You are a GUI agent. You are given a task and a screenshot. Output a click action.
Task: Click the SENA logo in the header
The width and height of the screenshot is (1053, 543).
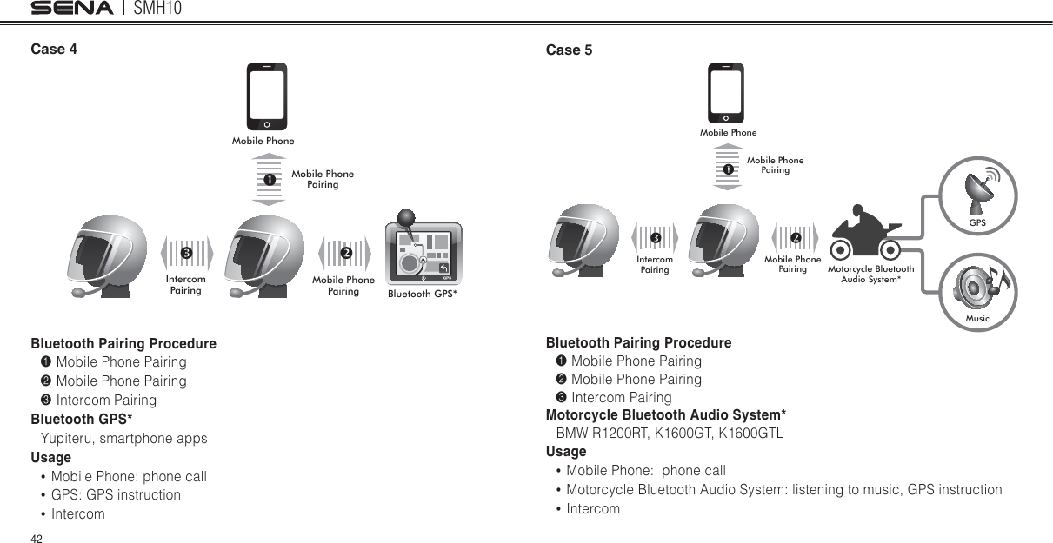(x=72, y=9)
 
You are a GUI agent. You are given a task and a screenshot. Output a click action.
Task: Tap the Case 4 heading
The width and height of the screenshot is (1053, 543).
(x=54, y=49)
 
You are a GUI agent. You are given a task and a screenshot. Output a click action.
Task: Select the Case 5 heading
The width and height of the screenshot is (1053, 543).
(x=569, y=50)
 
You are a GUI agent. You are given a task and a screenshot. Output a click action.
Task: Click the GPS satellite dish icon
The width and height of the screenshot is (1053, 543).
(x=978, y=191)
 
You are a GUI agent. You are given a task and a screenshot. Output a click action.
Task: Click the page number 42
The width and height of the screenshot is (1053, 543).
(x=37, y=539)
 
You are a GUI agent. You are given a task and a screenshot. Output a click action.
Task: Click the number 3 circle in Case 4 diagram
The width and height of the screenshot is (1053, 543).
(x=185, y=253)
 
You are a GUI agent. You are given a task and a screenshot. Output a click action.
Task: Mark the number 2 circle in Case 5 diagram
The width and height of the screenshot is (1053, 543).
(x=796, y=238)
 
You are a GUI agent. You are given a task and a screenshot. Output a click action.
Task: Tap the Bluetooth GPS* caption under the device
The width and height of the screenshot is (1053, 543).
(x=423, y=294)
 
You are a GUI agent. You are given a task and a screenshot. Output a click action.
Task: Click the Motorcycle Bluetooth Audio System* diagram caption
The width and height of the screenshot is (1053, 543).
(x=870, y=275)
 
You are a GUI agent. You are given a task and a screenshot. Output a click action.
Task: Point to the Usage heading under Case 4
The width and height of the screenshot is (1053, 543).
(x=51, y=457)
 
